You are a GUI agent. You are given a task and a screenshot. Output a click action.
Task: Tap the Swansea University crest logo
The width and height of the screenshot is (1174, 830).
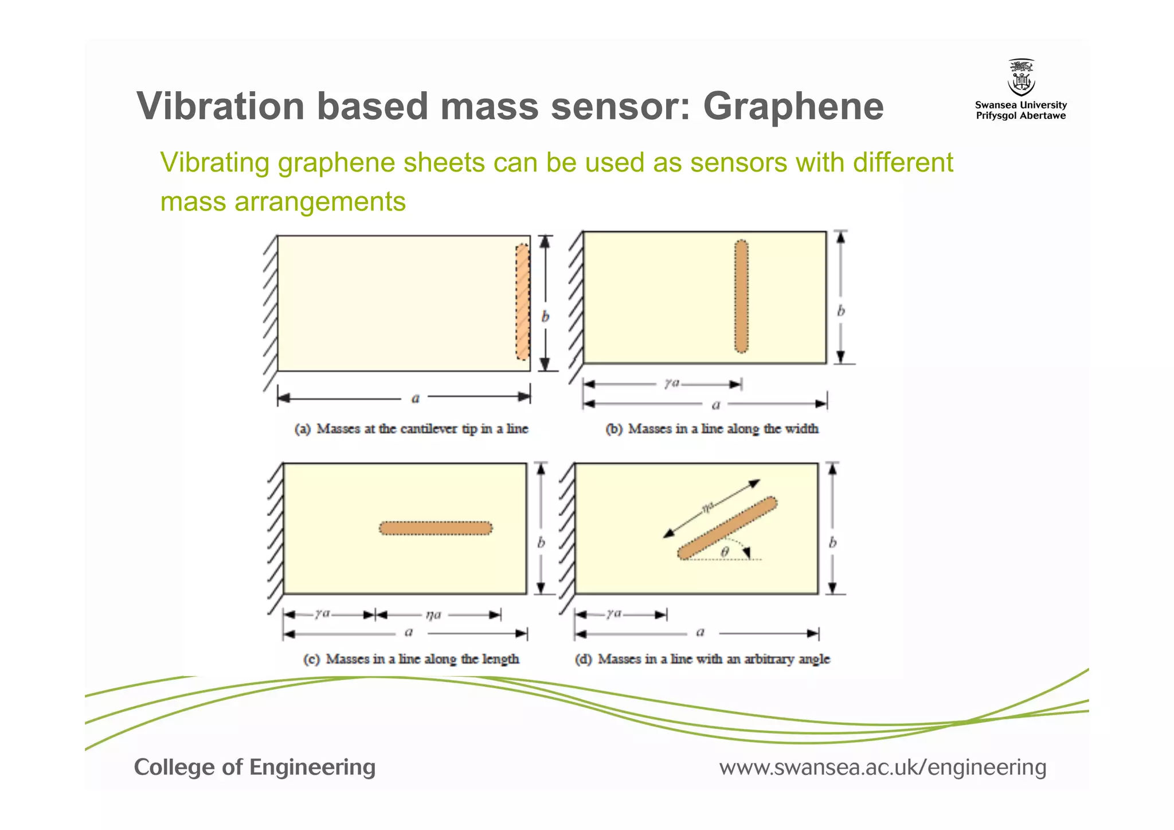pos(1021,78)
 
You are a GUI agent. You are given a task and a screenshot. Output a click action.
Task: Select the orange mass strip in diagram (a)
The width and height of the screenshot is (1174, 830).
pos(522,302)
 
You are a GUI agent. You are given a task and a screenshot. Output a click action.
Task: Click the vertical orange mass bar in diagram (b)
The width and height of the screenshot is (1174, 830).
pos(741,297)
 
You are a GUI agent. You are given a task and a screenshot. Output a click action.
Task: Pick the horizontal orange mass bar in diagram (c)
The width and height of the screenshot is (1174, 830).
pos(436,528)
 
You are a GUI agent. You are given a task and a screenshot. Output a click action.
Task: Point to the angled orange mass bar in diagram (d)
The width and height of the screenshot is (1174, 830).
pos(727,528)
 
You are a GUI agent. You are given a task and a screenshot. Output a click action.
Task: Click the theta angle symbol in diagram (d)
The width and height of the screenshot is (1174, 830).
pos(725,552)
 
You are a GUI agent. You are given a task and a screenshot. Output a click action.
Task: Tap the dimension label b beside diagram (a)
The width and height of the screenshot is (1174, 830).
pos(545,317)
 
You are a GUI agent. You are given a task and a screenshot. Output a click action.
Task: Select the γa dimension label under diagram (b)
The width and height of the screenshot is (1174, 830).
pos(672,383)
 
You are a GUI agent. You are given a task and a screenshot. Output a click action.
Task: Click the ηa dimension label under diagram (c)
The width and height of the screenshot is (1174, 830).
pos(433,615)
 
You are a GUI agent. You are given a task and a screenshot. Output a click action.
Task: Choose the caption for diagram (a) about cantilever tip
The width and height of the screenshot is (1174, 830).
pos(411,429)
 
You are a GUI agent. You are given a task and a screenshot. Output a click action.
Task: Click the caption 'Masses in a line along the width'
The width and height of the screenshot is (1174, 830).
pos(712,429)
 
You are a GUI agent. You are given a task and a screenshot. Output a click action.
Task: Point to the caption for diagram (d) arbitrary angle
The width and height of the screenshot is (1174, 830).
pos(702,659)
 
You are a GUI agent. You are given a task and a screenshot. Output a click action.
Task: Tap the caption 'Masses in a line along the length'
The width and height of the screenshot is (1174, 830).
pos(411,659)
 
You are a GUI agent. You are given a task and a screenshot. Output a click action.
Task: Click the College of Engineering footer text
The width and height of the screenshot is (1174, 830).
pos(255,767)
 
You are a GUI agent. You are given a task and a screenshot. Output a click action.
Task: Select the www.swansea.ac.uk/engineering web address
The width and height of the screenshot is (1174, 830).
pos(882,767)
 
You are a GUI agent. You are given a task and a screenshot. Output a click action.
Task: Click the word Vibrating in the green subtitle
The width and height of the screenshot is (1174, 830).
pos(214,163)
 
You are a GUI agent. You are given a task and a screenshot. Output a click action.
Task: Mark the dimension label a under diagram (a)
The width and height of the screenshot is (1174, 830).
pos(416,398)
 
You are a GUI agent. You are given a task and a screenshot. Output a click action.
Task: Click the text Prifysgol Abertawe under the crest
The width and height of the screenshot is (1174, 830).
pos(1021,116)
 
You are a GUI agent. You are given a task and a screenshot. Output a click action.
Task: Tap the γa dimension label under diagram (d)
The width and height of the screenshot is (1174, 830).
pos(614,614)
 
